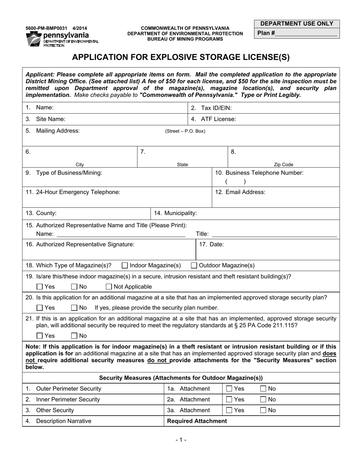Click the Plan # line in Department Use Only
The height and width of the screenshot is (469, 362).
[306, 33]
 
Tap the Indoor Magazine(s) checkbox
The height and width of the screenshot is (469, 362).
[125, 265]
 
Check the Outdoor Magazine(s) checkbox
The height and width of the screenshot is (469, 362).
[194, 265]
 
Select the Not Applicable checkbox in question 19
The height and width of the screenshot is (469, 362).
[109, 287]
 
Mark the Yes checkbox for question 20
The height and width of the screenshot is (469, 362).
[40, 308]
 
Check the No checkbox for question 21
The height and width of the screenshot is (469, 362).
[74, 336]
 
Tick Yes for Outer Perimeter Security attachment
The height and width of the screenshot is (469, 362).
[229, 389]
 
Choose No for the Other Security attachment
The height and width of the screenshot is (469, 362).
[263, 410]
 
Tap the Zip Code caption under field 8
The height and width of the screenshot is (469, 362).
[284, 165]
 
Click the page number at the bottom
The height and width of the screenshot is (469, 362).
[181, 440]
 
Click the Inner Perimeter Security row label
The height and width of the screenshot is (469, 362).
[68, 400]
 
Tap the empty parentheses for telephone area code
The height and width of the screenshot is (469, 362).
[235, 182]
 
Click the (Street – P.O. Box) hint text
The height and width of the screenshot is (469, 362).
[185, 131]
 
